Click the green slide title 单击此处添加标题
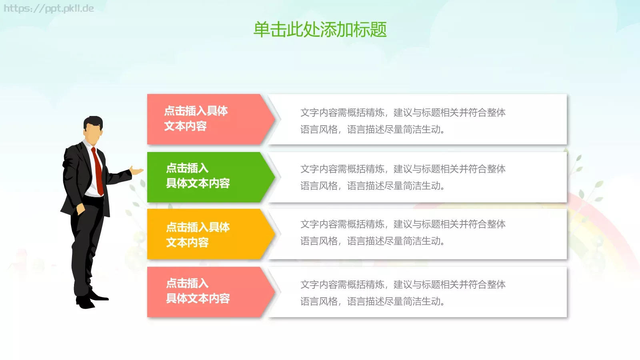tap(320, 30)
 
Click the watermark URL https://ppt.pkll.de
tap(49, 8)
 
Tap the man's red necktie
tap(97, 170)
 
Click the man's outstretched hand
tap(136, 171)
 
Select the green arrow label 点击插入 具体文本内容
tap(198, 176)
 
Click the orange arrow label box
tap(204, 234)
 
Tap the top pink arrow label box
tap(204, 119)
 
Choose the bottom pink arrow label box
tap(204, 292)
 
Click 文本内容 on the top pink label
tap(185, 126)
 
